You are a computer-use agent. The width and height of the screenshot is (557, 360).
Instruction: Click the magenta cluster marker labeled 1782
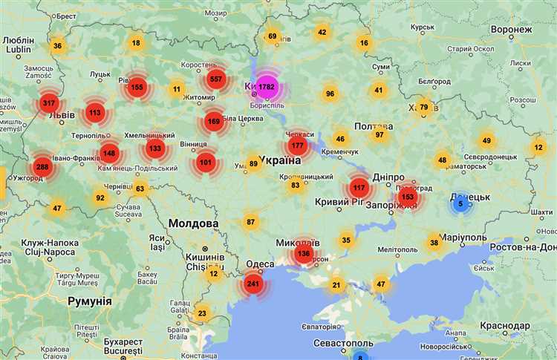(267, 87)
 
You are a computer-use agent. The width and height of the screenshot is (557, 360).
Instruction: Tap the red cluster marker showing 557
(216, 79)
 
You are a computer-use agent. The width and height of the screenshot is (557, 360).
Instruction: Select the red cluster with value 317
(50, 102)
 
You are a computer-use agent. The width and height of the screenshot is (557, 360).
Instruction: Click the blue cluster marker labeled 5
(460, 203)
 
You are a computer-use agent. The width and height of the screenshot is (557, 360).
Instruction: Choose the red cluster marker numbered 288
(42, 166)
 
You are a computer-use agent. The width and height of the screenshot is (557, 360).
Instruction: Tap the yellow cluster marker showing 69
(272, 36)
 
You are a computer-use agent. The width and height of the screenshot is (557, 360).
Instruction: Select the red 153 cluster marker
(407, 197)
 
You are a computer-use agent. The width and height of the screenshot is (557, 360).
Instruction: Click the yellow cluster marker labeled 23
(202, 313)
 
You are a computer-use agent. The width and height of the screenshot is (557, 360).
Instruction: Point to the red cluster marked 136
(303, 253)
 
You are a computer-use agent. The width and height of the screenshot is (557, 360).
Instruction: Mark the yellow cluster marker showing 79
(424, 107)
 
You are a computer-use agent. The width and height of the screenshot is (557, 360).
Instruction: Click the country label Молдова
(193, 223)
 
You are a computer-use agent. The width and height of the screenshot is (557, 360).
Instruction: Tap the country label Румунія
(89, 301)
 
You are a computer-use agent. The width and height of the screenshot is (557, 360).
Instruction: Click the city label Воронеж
(512, 29)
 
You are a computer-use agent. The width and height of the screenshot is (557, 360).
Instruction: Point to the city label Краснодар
(505, 326)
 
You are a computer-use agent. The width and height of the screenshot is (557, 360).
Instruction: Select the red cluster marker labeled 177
(298, 145)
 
